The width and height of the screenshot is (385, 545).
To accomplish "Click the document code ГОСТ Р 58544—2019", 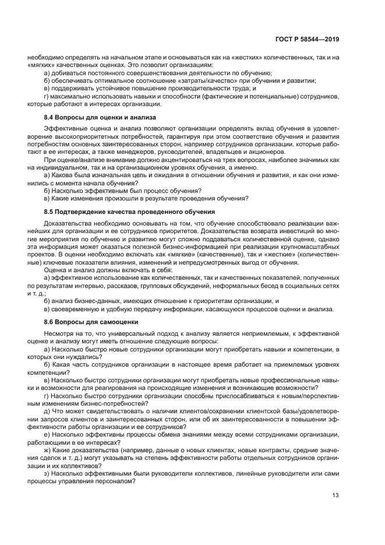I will [308, 39].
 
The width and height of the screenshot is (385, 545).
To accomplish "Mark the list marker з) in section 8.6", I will [47, 475].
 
